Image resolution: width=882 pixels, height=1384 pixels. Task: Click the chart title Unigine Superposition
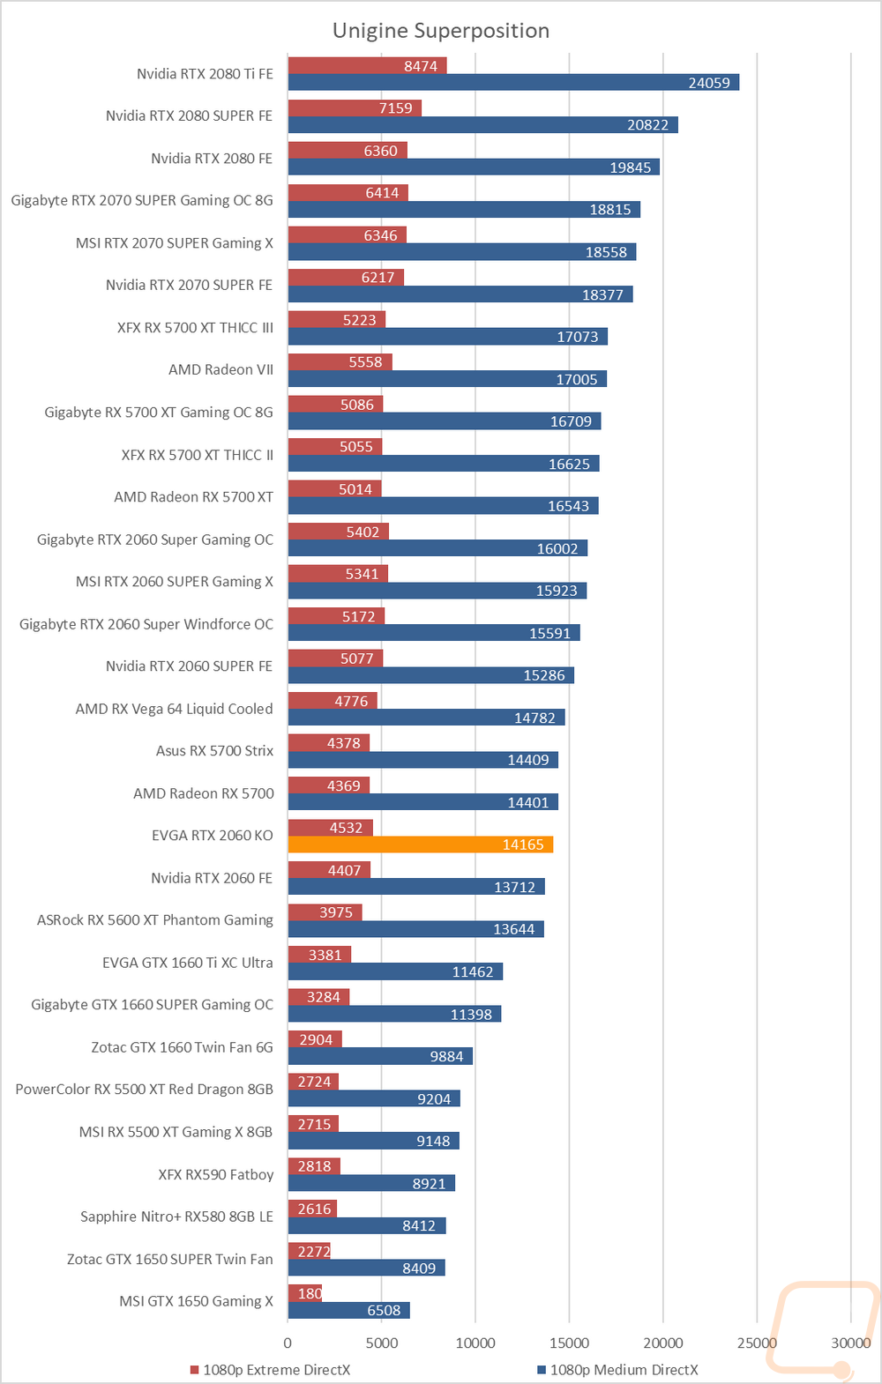pos(441,31)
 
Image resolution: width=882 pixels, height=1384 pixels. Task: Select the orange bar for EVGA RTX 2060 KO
pos(420,845)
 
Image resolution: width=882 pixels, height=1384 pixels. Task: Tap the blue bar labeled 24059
pos(513,83)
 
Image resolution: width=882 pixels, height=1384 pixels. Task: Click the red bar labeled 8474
pos(367,66)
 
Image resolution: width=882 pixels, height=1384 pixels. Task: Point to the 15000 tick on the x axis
pos(569,1343)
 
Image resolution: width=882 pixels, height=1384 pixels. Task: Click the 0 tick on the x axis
pos(288,1343)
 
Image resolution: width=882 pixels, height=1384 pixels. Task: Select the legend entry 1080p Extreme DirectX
pos(276,1369)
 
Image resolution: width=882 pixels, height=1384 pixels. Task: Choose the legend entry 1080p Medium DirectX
pos(624,1369)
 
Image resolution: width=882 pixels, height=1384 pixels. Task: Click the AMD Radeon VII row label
pos(220,370)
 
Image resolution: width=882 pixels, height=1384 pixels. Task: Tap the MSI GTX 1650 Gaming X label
pos(196,1301)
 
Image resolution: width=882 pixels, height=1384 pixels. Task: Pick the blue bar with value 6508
pos(348,1310)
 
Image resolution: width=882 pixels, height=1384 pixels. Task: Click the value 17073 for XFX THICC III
pos(578,337)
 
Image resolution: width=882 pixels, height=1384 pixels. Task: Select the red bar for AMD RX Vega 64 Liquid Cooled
pos(333,701)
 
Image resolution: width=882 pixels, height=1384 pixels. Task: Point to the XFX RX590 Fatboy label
pos(215,1174)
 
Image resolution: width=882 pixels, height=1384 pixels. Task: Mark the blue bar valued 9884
pos(380,1056)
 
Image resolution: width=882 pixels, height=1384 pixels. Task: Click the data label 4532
pos(346,828)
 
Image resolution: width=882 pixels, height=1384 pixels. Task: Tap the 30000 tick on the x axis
pos(850,1343)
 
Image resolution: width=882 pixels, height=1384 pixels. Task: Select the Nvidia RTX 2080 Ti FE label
pos(205,74)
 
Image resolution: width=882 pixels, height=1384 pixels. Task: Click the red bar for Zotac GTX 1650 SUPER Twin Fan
pos(309,1251)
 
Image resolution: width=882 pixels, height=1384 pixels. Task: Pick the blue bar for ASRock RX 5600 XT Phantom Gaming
pos(415,929)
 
